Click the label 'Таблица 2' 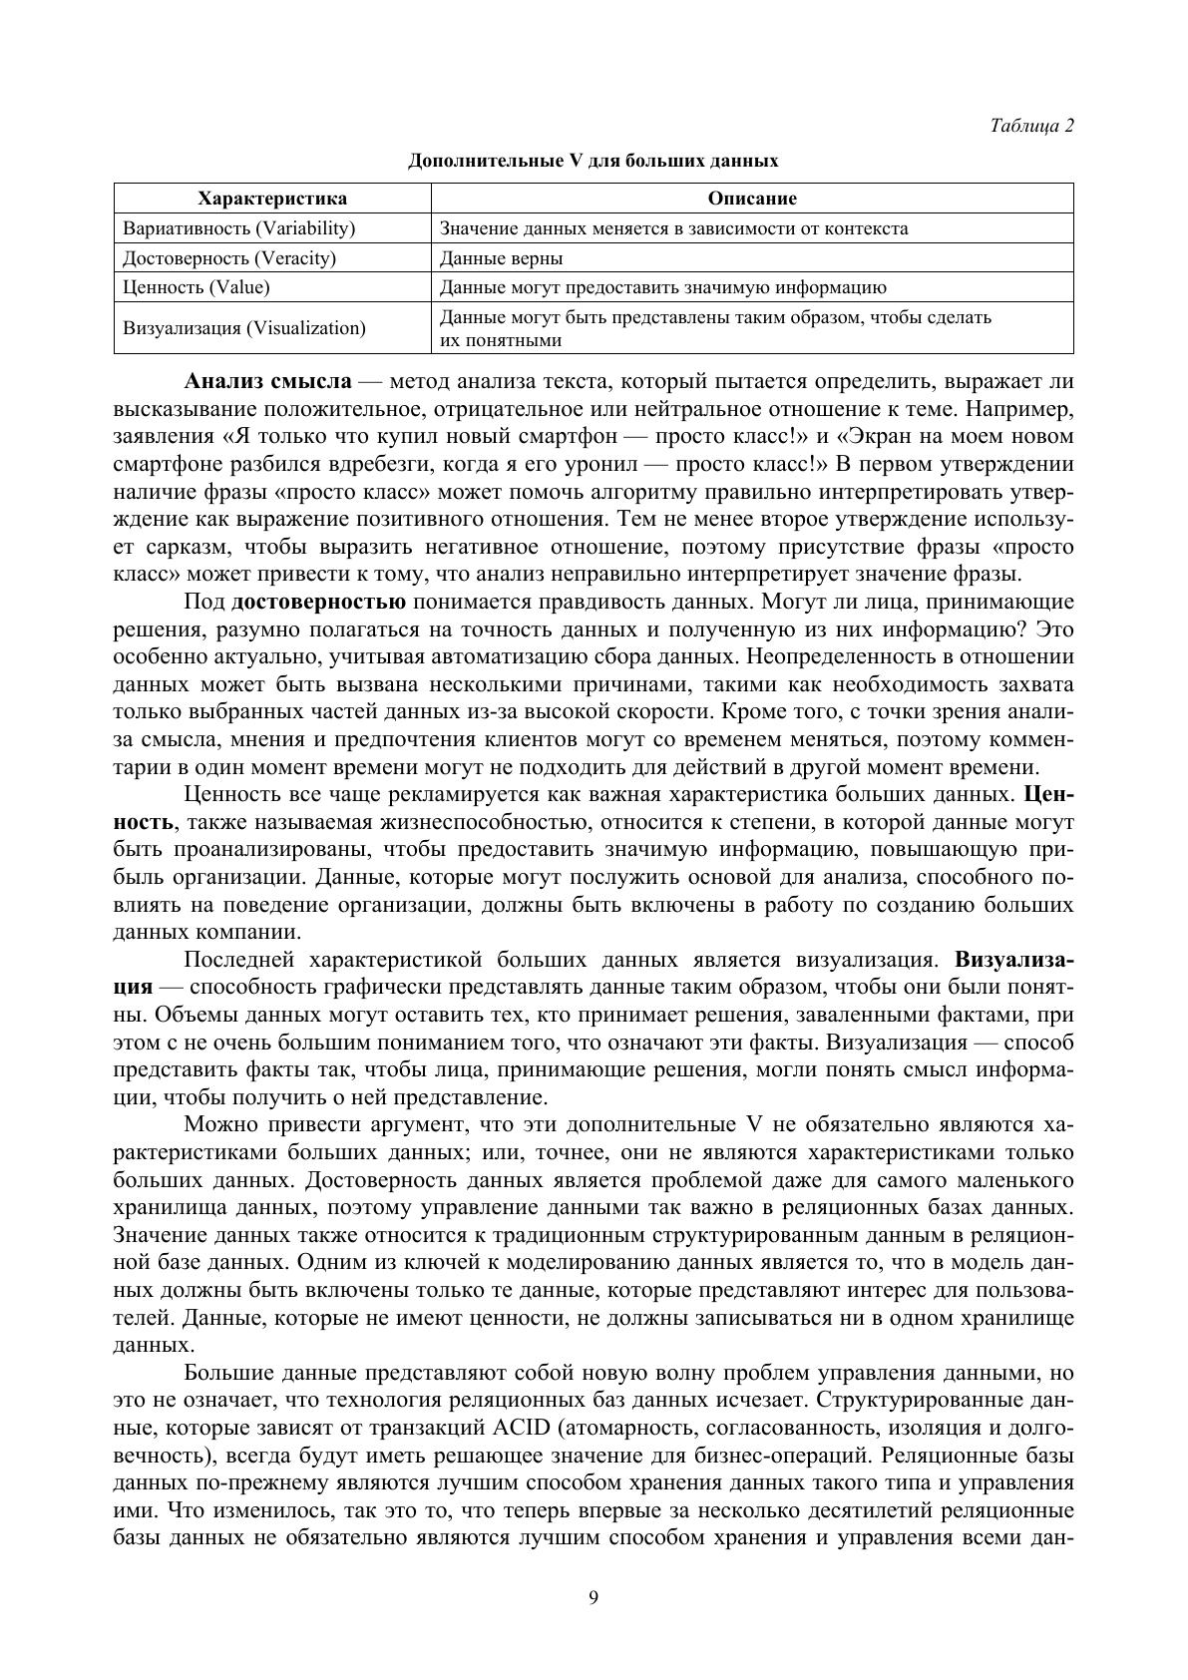(x=1031, y=126)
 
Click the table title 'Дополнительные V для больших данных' (x=593, y=161)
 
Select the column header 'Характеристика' (x=272, y=199)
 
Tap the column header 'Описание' (x=752, y=199)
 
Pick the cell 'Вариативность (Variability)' (x=239, y=228)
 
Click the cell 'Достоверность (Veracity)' (x=229, y=258)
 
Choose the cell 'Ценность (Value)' (x=197, y=287)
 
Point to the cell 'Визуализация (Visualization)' (x=244, y=328)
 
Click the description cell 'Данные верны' (x=502, y=258)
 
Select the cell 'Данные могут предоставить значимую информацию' (x=662, y=287)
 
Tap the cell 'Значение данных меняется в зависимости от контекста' (x=674, y=228)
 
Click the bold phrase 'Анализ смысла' (x=267, y=382)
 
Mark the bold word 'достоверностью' (x=318, y=602)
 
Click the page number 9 (x=594, y=1598)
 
